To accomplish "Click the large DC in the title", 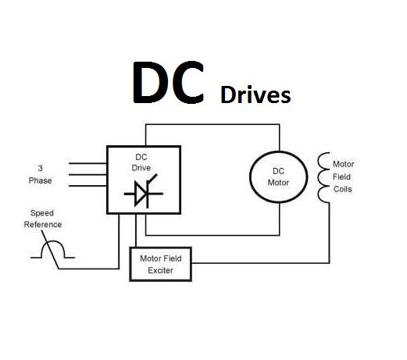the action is (x=168, y=82).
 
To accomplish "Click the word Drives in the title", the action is (x=255, y=94).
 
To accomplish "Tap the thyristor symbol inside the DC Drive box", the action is (x=144, y=191).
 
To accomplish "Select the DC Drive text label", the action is (x=141, y=162).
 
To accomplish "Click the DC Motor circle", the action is (x=250, y=177).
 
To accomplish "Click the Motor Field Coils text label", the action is (x=343, y=176).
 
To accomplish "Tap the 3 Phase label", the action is (x=40, y=174).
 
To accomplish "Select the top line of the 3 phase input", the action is (x=87, y=163).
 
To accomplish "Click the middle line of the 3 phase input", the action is (x=87, y=174).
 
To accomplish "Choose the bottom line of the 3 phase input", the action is (x=87, y=186).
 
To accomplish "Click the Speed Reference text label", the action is (x=43, y=219).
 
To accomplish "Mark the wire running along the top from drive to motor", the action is (x=212, y=124).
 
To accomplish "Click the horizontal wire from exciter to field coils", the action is (x=260, y=263).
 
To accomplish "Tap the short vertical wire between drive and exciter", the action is (x=136, y=230).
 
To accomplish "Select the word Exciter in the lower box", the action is (x=160, y=270).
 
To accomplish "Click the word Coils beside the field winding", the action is (x=343, y=189).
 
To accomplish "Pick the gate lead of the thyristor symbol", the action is (x=152, y=179).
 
